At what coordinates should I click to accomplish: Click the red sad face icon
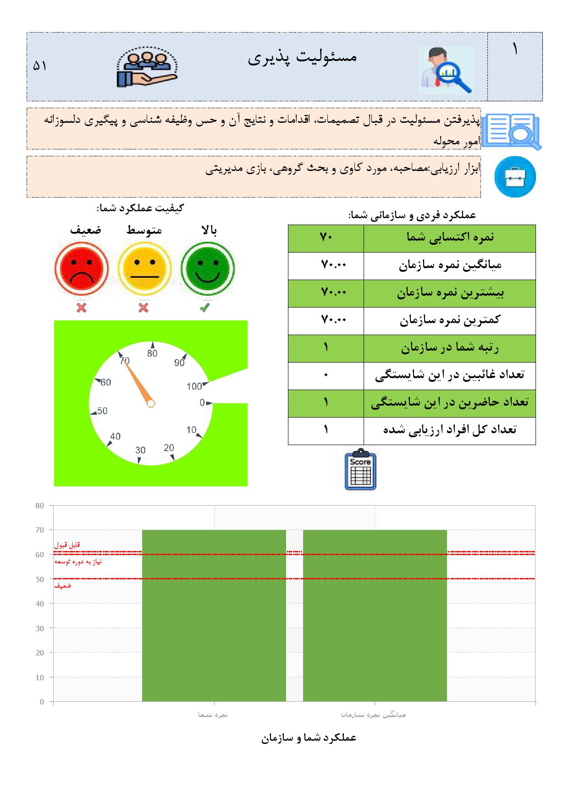click(x=82, y=270)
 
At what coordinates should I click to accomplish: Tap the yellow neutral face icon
click(x=144, y=270)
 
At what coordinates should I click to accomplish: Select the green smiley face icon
click(x=208, y=270)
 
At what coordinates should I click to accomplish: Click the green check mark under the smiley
click(x=205, y=308)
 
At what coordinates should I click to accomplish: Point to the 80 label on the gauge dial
click(x=152, y=353)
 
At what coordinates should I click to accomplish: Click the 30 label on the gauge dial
click(x=140, y=450)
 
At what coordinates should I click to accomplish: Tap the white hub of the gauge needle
click(x=151, y=403)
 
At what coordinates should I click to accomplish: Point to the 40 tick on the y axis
click(x=40, y=604)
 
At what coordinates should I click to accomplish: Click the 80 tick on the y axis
click(x=40, y=506)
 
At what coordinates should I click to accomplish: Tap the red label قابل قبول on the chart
click(x=67, y=545)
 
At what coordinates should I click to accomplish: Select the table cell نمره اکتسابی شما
click(x=449, y=237)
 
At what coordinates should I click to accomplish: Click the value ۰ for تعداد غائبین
click(x=326, y=376)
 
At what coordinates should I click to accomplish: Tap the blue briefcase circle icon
click(x=515, y=177)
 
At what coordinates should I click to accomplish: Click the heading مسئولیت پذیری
click(x=302, y=57)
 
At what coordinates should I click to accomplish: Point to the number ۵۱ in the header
click(x=40, y=66)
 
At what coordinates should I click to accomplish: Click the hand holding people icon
click(x=147, y=68)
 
